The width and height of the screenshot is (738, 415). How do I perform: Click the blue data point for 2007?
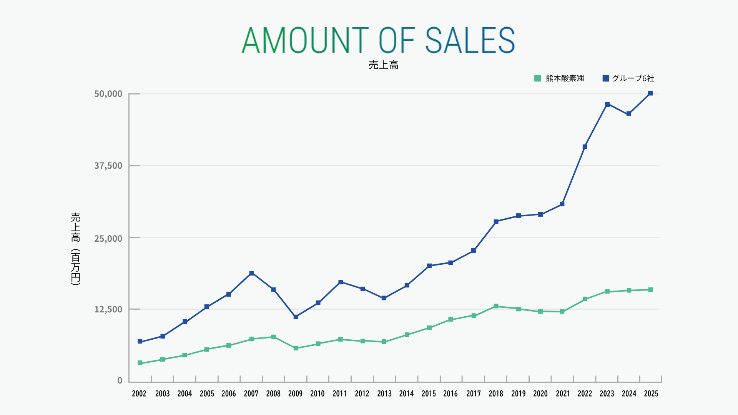tap(251, 273)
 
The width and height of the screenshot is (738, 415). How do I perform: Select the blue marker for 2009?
tap(296, 317)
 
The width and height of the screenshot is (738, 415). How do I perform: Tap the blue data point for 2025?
tap(650, 93)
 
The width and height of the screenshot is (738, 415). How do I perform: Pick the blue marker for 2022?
tap(585, 147)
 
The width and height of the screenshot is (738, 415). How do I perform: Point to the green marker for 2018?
tap(496, 306)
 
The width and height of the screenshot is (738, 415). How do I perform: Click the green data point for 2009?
tap(296, 348)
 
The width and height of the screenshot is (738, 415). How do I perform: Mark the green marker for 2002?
tap(140, 363)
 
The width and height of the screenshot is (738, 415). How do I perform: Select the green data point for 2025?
tap(650, 290)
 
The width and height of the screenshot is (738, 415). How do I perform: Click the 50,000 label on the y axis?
tap(108, 94)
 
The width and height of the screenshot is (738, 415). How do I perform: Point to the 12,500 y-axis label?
tap(108, 309)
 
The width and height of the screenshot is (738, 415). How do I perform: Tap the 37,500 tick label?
tap(108, 166)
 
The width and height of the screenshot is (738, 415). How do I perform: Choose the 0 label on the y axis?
tap(120, 380)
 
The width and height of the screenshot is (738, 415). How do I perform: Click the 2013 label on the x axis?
tap(384, 393)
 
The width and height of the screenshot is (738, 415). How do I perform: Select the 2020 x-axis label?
tap(540, 393)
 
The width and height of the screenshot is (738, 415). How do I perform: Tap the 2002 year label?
tap(139, 393)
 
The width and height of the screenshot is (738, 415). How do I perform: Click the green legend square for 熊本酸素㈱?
tap(537, 78)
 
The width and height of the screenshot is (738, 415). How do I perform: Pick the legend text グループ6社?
tap(633, 78)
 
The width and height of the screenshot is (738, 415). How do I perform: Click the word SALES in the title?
tap(470, 40)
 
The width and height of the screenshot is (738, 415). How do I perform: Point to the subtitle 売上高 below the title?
tap(383, 65)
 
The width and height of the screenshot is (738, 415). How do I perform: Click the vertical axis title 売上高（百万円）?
tap(76, 249)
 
